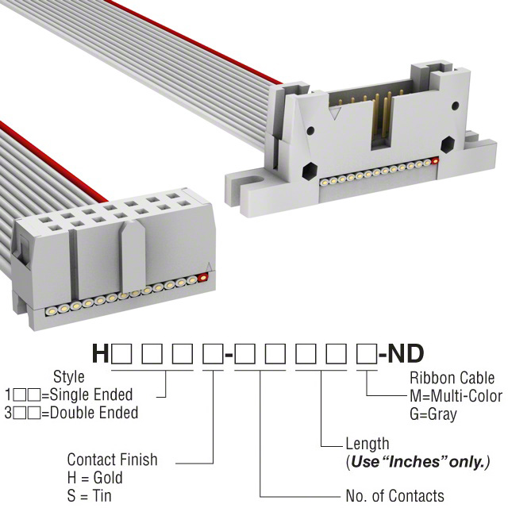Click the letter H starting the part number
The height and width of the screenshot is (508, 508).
click(101, 353)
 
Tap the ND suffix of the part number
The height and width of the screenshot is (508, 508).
click(406, 353)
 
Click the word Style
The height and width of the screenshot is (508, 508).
click(69, 377)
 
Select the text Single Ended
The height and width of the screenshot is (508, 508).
click(91, 394)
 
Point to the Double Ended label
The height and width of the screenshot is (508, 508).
click(94, 413)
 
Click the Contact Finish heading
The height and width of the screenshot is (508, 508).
click(112, 460)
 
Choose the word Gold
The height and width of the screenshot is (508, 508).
click(108, 478)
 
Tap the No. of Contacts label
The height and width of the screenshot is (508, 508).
click(395, 495)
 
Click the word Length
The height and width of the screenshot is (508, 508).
click(368, 444)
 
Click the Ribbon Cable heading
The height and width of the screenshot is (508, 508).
click(452, 378)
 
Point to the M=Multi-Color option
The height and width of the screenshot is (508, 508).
click(456, 395)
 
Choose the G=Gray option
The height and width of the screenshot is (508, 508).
click(433, 414)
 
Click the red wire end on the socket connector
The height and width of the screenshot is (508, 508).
click(203, 278)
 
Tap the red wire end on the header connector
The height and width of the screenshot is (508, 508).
click(436, 160)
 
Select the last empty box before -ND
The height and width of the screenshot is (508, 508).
click(367, 354)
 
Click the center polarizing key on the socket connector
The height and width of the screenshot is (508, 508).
click(132, 256)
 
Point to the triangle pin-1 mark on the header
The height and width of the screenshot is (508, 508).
click(335, 114)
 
